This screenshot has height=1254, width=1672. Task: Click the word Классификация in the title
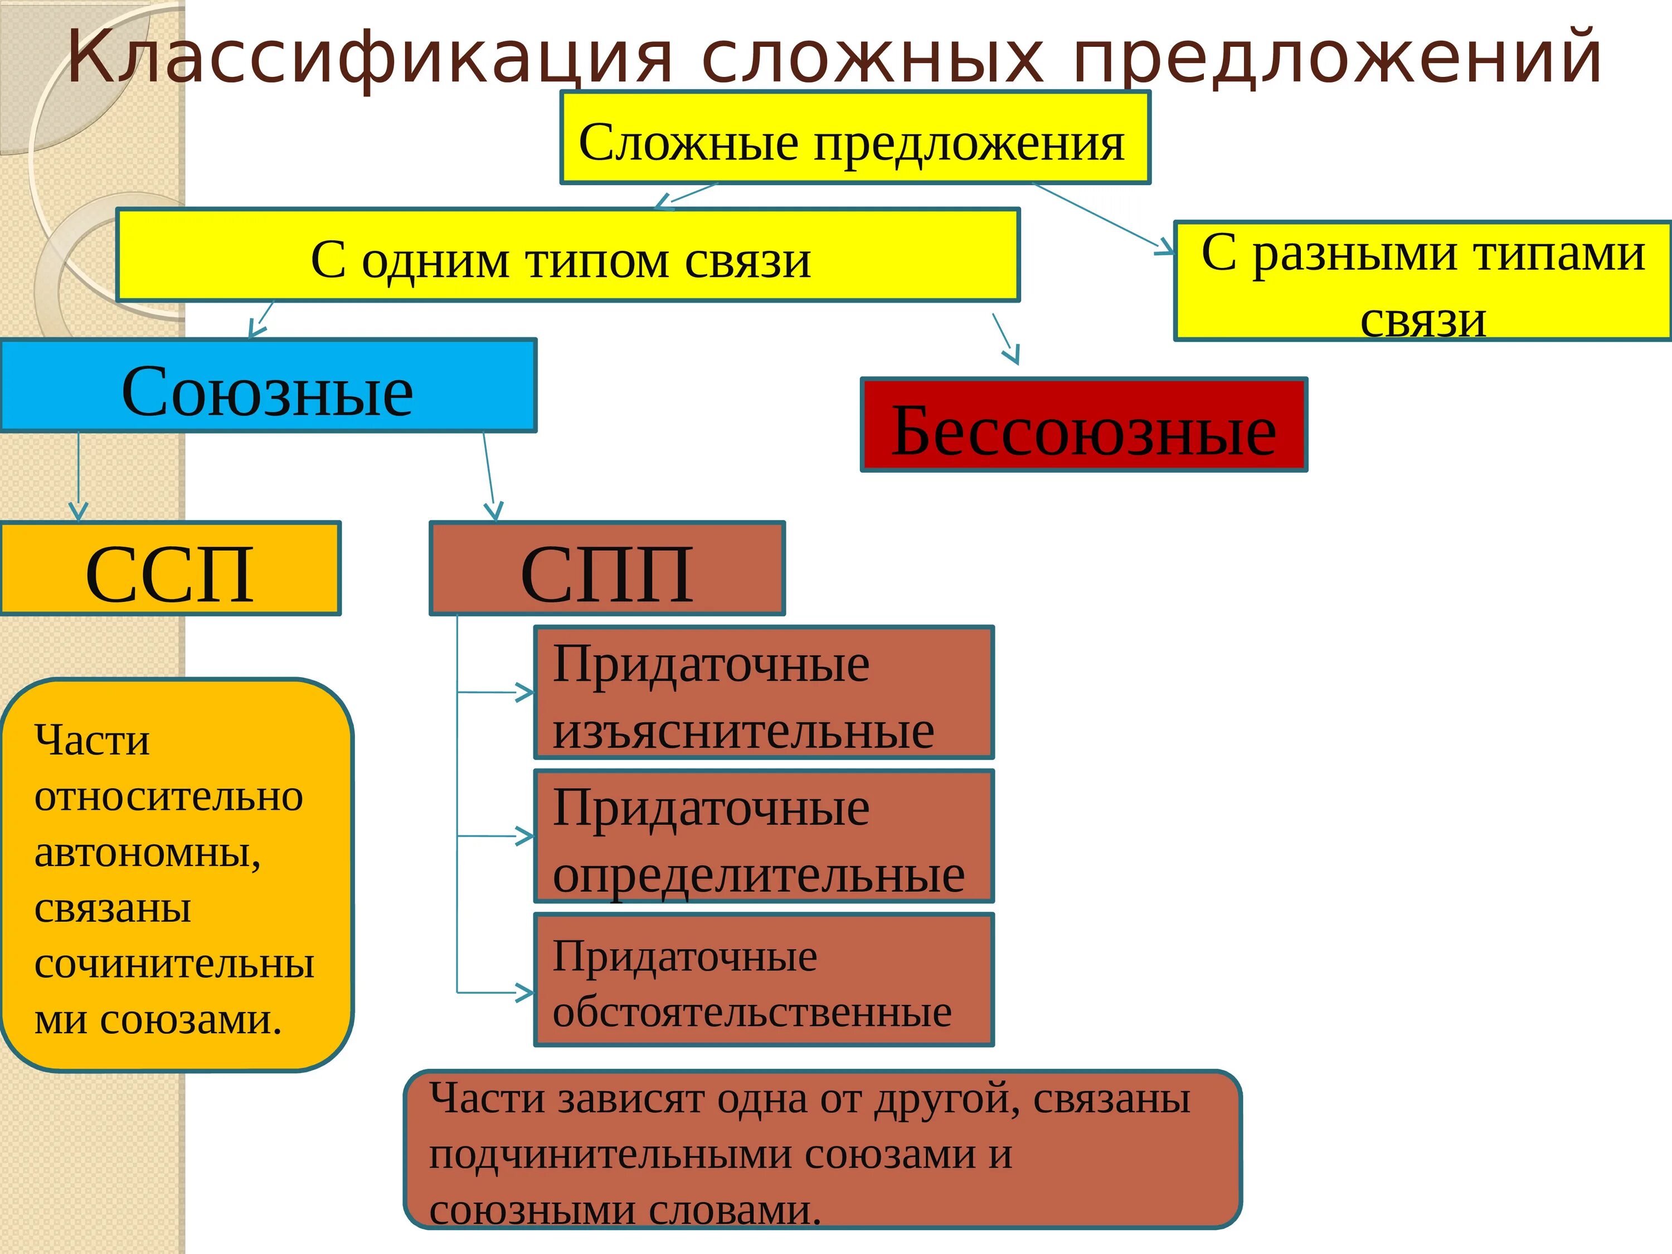[371, 57]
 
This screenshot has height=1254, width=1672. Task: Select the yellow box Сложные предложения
[854, 138]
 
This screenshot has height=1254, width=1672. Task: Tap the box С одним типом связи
[567, 255]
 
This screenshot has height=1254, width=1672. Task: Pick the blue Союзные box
[268, 386]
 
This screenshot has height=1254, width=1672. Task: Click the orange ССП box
[170, 568]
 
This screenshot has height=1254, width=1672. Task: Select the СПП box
[607, 568]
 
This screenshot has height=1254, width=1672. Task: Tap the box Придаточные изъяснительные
[764, 692]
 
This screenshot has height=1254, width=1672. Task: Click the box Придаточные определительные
[764, 836]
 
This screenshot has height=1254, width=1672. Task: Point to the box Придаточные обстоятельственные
[764, 980]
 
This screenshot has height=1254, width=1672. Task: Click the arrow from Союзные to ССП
[79, 476]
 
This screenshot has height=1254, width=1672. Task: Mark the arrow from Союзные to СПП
[489, 476]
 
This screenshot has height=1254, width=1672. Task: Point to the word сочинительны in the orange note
[174, 965]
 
